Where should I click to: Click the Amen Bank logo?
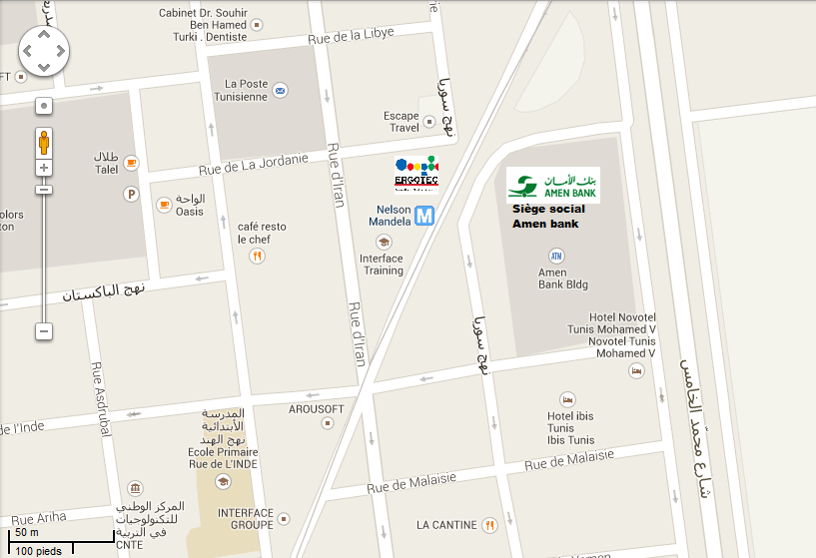point(552,185)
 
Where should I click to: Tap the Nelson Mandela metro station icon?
point(424,215)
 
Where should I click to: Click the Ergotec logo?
point(416,173)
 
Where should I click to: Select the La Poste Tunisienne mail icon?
point(282,91)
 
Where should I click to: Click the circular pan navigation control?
point(44,49)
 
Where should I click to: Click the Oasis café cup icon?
point(163,205)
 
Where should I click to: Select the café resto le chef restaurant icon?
point(257,256)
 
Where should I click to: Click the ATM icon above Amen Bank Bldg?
point(556,256)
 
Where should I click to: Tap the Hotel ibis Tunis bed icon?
point(567,399)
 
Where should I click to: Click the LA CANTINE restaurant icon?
point(489,524)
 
